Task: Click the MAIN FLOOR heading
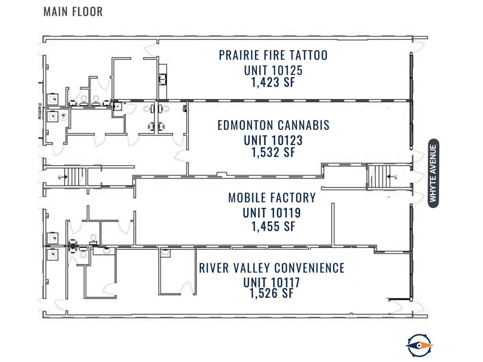(73, 12)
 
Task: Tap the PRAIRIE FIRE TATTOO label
(273, 55)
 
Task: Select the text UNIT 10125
(273, 70)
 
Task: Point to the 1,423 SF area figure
(273, 82)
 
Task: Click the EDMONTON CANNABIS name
(273, 125)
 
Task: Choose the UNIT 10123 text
(273, 140)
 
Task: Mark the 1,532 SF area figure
(273, 152)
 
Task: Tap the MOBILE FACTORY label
(272, 198)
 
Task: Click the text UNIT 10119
(272, 213)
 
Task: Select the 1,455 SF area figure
(273, 226)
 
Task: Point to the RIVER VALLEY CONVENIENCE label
(272, 268)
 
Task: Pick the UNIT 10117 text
(272, 282)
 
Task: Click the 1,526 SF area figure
(272, 293)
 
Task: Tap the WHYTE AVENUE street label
(433, 173)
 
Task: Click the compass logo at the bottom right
(419, 345)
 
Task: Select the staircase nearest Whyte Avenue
(380, 176)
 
